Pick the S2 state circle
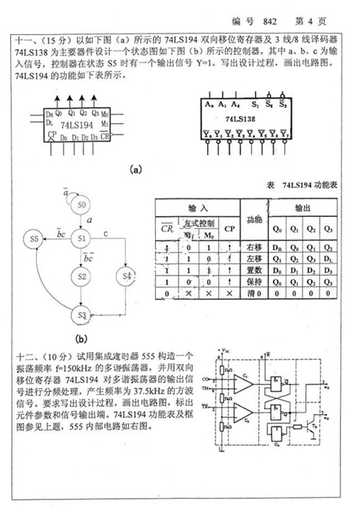point(82,275)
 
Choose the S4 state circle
point(127,275)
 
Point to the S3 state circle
point(82,315)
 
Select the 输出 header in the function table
point(303,207)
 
